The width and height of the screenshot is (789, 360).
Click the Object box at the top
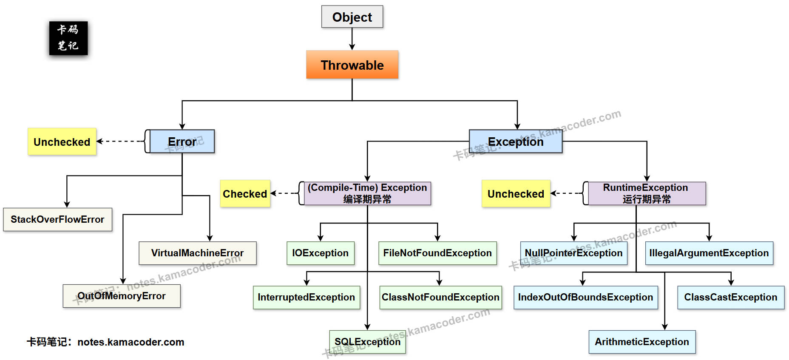(352, 17)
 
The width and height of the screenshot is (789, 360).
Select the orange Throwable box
(352, 65)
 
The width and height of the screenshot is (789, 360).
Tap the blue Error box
(182, 142)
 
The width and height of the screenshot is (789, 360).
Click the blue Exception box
(515, 142)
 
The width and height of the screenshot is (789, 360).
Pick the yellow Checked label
(245, 194)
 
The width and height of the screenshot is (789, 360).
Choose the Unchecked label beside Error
(62, 142)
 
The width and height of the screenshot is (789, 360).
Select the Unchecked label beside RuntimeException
(516, 194)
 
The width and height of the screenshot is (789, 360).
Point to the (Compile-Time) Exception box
(367, 193)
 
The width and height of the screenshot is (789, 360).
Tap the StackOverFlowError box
(57, 219)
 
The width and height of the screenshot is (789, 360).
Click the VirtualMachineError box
(197, 253)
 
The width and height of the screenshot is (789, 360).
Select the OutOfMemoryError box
(122, 296)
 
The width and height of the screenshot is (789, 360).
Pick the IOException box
(320, 253)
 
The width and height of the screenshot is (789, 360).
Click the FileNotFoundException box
(437, 253)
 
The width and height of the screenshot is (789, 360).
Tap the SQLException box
(367, 342)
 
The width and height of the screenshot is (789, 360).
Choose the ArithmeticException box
(642, 342)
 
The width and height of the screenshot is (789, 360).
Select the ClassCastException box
(731, 297)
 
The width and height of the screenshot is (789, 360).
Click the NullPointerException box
(573, 253)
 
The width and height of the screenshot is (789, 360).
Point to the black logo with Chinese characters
(68, 38)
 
